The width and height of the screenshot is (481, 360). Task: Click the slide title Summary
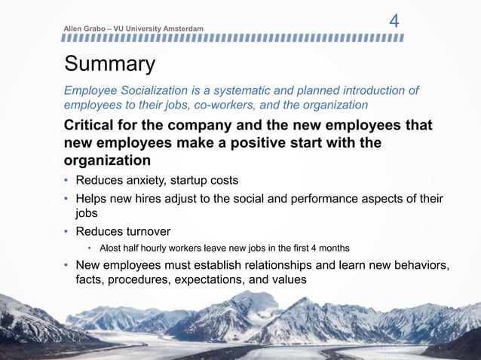(110, 65)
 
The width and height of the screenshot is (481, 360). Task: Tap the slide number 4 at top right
(394, 21)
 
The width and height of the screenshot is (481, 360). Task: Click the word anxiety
(148, 180)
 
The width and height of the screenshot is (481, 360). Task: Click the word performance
(326, 198)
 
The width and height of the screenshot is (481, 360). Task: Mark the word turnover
(148, 230)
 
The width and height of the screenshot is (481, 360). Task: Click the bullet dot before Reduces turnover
(66, 230)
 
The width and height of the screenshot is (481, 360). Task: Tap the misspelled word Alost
(111, 248)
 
